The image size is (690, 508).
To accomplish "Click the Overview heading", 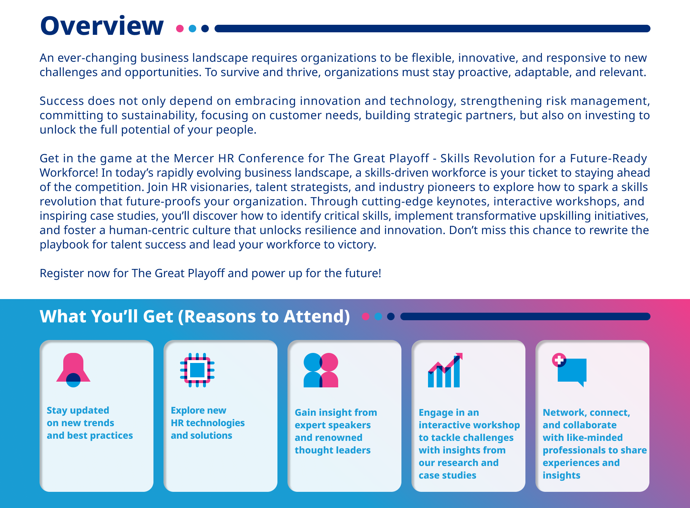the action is coord(102,26).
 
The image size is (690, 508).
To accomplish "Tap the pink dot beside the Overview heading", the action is coord(180,29).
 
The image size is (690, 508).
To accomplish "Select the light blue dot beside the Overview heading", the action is coord(193,29).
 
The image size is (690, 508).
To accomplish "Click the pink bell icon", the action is coord(73,370).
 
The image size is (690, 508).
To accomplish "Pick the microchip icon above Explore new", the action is coord(197,370).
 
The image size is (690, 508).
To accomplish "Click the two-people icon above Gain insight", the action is coord(321,370).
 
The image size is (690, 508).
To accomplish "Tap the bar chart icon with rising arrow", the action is coord(445,370).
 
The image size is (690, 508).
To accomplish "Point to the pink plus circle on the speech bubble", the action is coord(559,360).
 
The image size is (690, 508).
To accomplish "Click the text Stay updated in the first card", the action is coord(78,410).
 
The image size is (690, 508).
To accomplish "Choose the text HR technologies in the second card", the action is coord(208,423).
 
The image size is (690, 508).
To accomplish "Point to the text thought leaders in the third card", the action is coord(333,450).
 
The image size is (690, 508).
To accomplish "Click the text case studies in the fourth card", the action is coord(447,475).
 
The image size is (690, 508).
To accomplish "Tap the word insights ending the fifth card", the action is coord(561,475).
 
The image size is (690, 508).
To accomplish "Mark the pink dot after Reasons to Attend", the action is coord(366,316).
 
